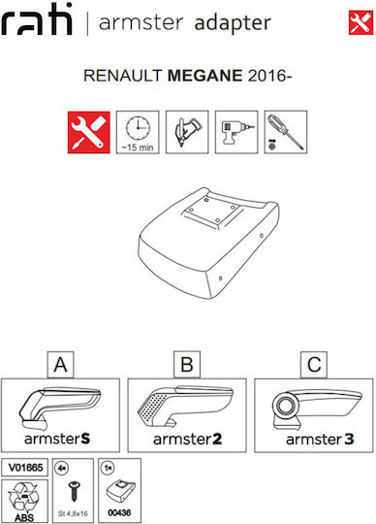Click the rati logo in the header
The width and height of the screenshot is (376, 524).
[37, 19]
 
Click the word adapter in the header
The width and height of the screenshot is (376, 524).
[233, 23]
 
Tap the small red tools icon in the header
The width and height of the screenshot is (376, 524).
[361, 22]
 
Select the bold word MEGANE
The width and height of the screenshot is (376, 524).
[204, 76]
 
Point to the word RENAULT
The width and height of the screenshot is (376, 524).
[123, 76]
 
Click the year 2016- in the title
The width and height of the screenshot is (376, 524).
[269, 76]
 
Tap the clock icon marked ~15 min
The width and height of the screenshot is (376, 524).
[138, 132]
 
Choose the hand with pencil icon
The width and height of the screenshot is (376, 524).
[187, 132]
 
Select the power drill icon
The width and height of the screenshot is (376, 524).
[236, 132]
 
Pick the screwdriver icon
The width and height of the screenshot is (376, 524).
[286, 132]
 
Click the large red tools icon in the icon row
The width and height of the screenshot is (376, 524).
[89, 132]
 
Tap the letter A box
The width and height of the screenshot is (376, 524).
[60, 365]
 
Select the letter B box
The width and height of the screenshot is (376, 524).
[187, 365]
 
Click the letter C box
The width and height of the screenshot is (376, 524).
[314, 365]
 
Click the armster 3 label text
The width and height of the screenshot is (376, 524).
[320, 440]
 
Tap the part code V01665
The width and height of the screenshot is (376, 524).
[25, 468]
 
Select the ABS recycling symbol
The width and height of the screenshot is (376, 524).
[23, 502]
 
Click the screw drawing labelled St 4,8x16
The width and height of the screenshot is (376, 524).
[73, 491]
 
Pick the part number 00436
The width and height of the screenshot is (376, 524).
[119, 512]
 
